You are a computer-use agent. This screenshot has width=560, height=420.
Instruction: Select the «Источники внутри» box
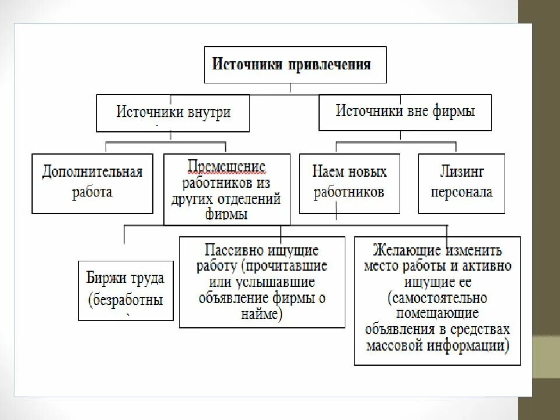click(173, 113)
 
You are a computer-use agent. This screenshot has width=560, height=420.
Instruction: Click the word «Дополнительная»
click(92, 173)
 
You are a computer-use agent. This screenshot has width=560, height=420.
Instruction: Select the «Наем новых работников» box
click(349, 182)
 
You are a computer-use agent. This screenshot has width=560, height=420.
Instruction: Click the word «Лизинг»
click(461, 172)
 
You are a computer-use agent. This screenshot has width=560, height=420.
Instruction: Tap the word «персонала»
click(461, 191)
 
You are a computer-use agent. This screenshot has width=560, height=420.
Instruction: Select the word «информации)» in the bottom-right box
click(474, 345)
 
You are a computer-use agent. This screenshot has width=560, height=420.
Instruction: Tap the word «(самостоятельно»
click(437, 298)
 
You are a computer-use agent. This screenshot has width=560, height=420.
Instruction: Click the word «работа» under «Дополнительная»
click(92, 192)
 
